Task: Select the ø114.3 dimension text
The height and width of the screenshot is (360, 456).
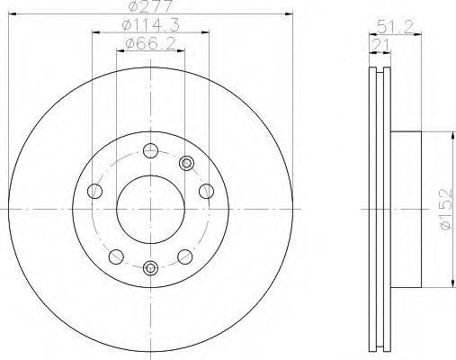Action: point(150,24)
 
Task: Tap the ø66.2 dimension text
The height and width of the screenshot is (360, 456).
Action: point(151,44)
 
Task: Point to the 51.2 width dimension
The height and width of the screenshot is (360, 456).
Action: point(395,26)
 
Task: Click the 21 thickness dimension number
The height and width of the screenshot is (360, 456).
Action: point(380,45)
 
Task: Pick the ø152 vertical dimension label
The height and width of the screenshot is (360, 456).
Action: point(446,210)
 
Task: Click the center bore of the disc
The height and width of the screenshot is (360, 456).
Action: point(150,210)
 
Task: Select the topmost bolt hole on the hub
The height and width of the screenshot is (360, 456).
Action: point(150,150)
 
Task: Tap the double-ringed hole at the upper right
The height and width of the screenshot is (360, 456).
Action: point(186,163)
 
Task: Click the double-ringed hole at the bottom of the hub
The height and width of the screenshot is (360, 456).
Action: point(150,268)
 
